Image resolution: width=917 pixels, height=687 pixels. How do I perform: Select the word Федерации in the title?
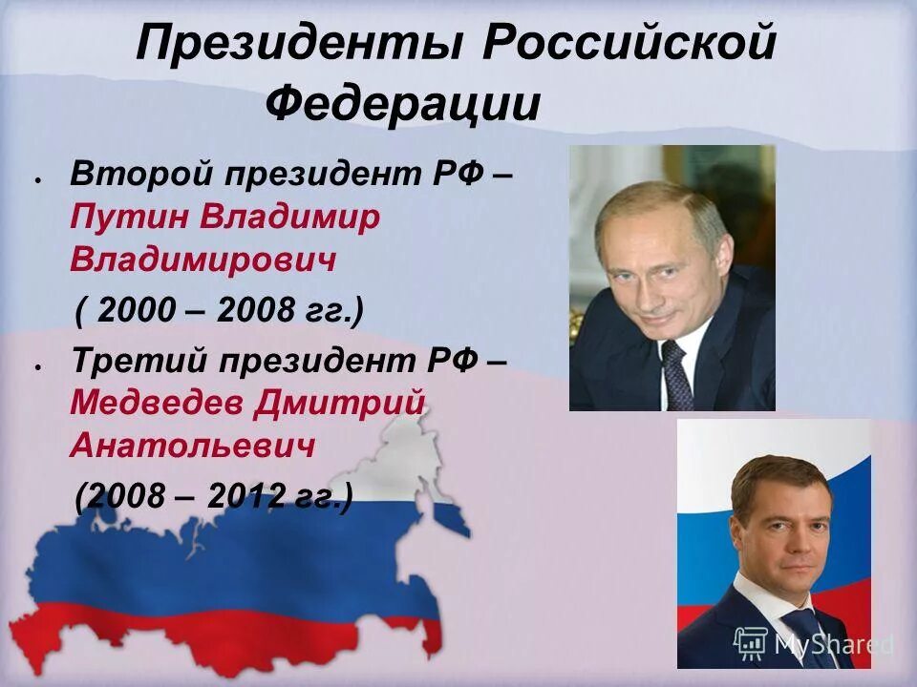(x=402, y=103)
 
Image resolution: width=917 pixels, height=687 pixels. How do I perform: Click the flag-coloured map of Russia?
(x=229, y=563)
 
